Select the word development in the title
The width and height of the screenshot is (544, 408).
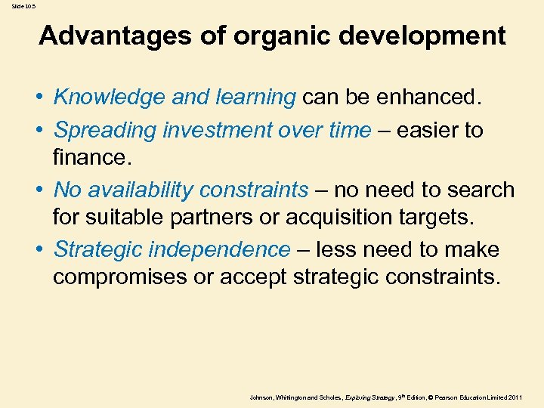429,36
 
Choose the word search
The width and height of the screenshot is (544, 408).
481,190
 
